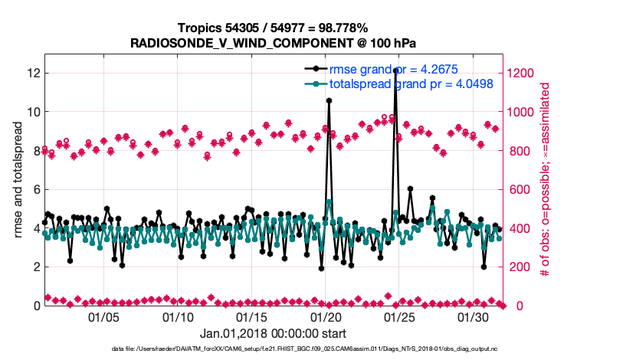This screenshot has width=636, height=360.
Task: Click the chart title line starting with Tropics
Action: click(x=274, y=28)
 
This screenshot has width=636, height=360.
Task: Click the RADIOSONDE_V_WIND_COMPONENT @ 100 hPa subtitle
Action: click(x=274, y=43)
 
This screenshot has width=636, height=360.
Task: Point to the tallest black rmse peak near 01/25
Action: click(x=395, y=70)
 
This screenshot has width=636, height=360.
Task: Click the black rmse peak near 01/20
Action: click(x=329, y=100)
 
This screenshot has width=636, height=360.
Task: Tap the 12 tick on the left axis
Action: click(x=33, y=74)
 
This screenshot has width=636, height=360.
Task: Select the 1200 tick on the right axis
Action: click(x=522, y=74)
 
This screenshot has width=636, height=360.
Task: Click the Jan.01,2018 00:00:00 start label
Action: click(x=273, y=333)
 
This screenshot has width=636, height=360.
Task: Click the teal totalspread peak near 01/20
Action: click(x=329, y=202)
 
